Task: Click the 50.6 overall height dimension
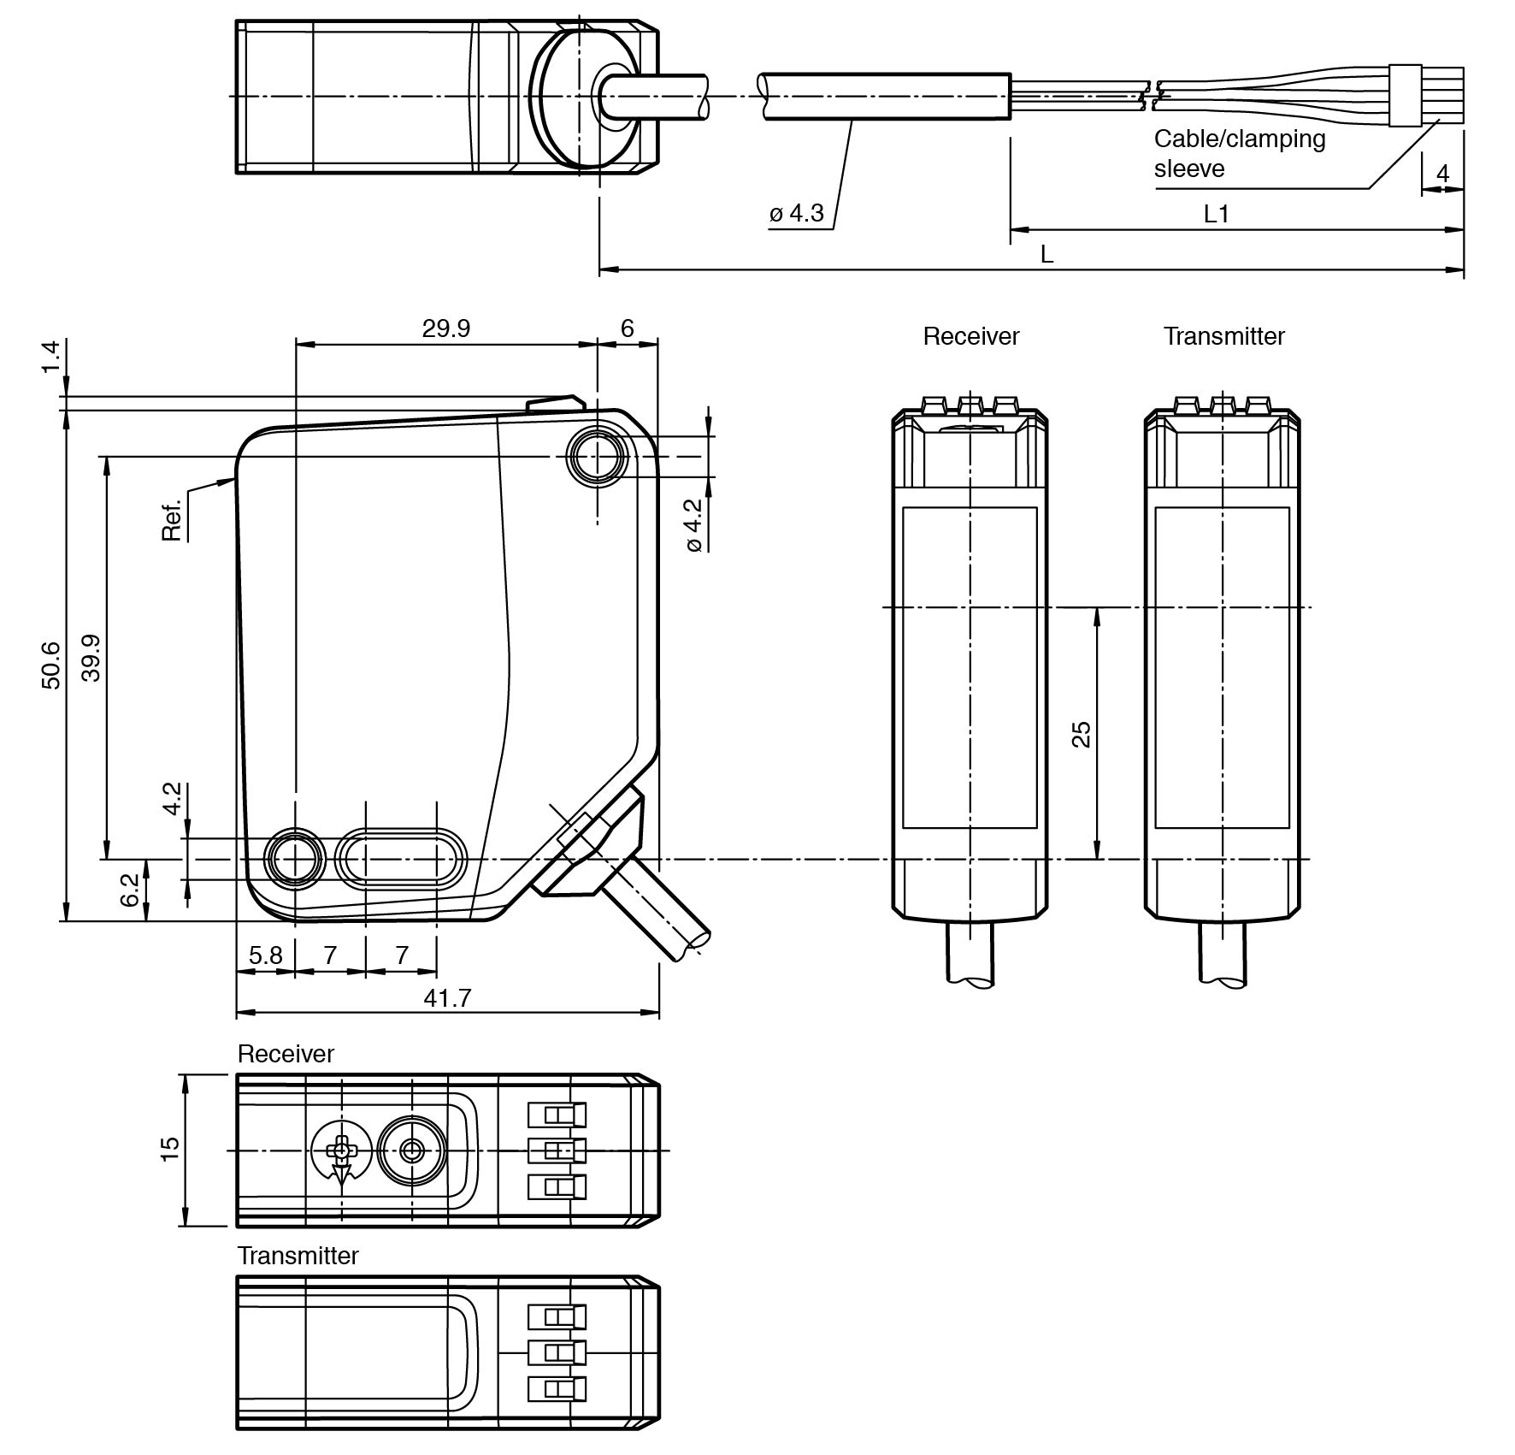pos(50,665)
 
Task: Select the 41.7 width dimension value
pos(447,997)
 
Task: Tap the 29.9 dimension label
pos(445,328)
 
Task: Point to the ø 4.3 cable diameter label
pos(796,213)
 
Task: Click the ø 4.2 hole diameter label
pos(693,525)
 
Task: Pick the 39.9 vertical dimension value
pos(91,657)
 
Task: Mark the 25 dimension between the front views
pos(1082,734)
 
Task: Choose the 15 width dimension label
pos(170,1149)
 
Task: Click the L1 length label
pos(1216,214)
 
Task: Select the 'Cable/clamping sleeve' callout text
pos(1239,153)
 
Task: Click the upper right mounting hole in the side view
pos(597,457)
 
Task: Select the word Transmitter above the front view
pos(1223,336)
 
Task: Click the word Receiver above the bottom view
pos(286,1054)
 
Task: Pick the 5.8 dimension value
pos(265,955)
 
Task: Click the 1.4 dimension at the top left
pos(50,356)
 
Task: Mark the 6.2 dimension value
pos(129,890)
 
